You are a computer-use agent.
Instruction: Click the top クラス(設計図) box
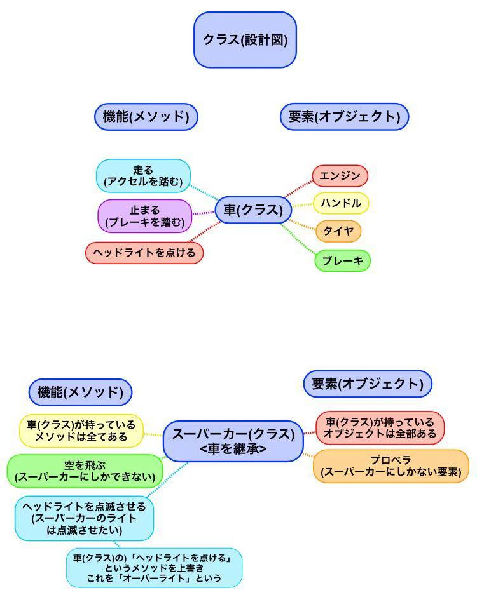[245, 39]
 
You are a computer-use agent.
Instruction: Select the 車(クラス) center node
[253, 210]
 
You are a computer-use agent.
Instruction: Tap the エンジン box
[340, 175]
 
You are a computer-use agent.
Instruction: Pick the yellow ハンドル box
[341, 203]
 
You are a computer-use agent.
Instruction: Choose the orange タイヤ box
[338, 231]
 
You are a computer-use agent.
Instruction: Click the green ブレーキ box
[342, 260]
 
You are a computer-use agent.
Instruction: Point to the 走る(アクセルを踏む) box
[143, 176]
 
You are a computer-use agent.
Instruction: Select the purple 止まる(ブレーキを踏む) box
[145, 217]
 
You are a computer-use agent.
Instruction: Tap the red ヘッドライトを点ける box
[144, 253]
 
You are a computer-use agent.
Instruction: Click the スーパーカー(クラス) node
[233, 441]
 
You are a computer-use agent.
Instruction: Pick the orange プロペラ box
[391, 466]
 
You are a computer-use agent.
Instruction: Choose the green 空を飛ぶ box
[85, 471]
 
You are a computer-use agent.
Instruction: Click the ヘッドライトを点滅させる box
[84, 518]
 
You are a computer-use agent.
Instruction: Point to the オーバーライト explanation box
[154, 568]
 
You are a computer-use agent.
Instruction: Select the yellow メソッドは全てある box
[81, 431]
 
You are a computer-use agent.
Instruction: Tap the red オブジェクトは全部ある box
[380, 427]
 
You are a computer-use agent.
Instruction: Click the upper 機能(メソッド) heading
[146, 116]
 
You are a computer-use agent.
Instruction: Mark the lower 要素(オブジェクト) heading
[368, 384]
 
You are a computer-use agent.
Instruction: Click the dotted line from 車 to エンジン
[298, 189]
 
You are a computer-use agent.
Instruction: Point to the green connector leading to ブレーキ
[298, 239]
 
